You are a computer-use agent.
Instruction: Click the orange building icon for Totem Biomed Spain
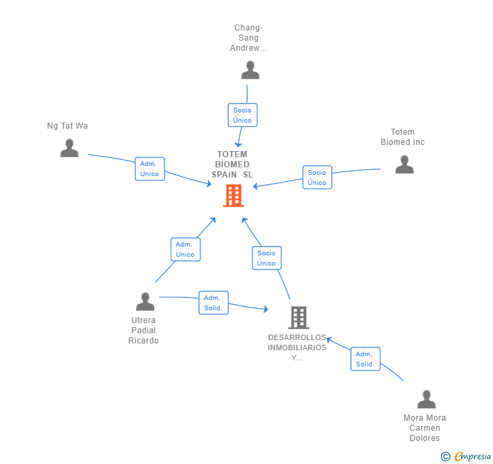(234, 196)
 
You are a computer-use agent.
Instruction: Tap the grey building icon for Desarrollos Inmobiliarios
(299, 318)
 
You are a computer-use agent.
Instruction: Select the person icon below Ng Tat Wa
(69, 148)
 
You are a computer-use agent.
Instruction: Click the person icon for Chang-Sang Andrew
(251, 70)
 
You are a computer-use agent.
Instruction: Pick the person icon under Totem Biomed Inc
(404, 164)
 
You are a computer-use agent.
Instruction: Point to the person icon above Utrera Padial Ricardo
(145, 301)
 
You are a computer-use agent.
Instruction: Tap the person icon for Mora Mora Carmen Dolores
(427, 399)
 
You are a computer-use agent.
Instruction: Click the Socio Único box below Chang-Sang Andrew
(242, 115)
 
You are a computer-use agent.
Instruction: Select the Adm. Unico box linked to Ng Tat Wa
(150, 169)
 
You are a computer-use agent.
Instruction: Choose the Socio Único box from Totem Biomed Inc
(317, 177)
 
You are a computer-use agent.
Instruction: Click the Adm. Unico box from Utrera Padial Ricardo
(186, 249)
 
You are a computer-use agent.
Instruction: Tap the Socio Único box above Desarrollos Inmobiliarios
(267, 258)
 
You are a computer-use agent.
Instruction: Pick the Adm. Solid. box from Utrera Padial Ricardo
(213, 303)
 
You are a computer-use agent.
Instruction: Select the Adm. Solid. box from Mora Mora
(366, 359)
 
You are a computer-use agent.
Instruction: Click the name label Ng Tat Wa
(67, 126)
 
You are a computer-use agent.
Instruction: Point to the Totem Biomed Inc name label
(403, 137)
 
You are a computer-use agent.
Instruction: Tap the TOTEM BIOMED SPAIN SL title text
(232, 164)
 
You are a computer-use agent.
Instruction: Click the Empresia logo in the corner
(473, 456)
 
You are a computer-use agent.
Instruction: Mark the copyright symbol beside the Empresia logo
(445, 456)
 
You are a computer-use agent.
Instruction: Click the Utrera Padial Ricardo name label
(144, 331)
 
